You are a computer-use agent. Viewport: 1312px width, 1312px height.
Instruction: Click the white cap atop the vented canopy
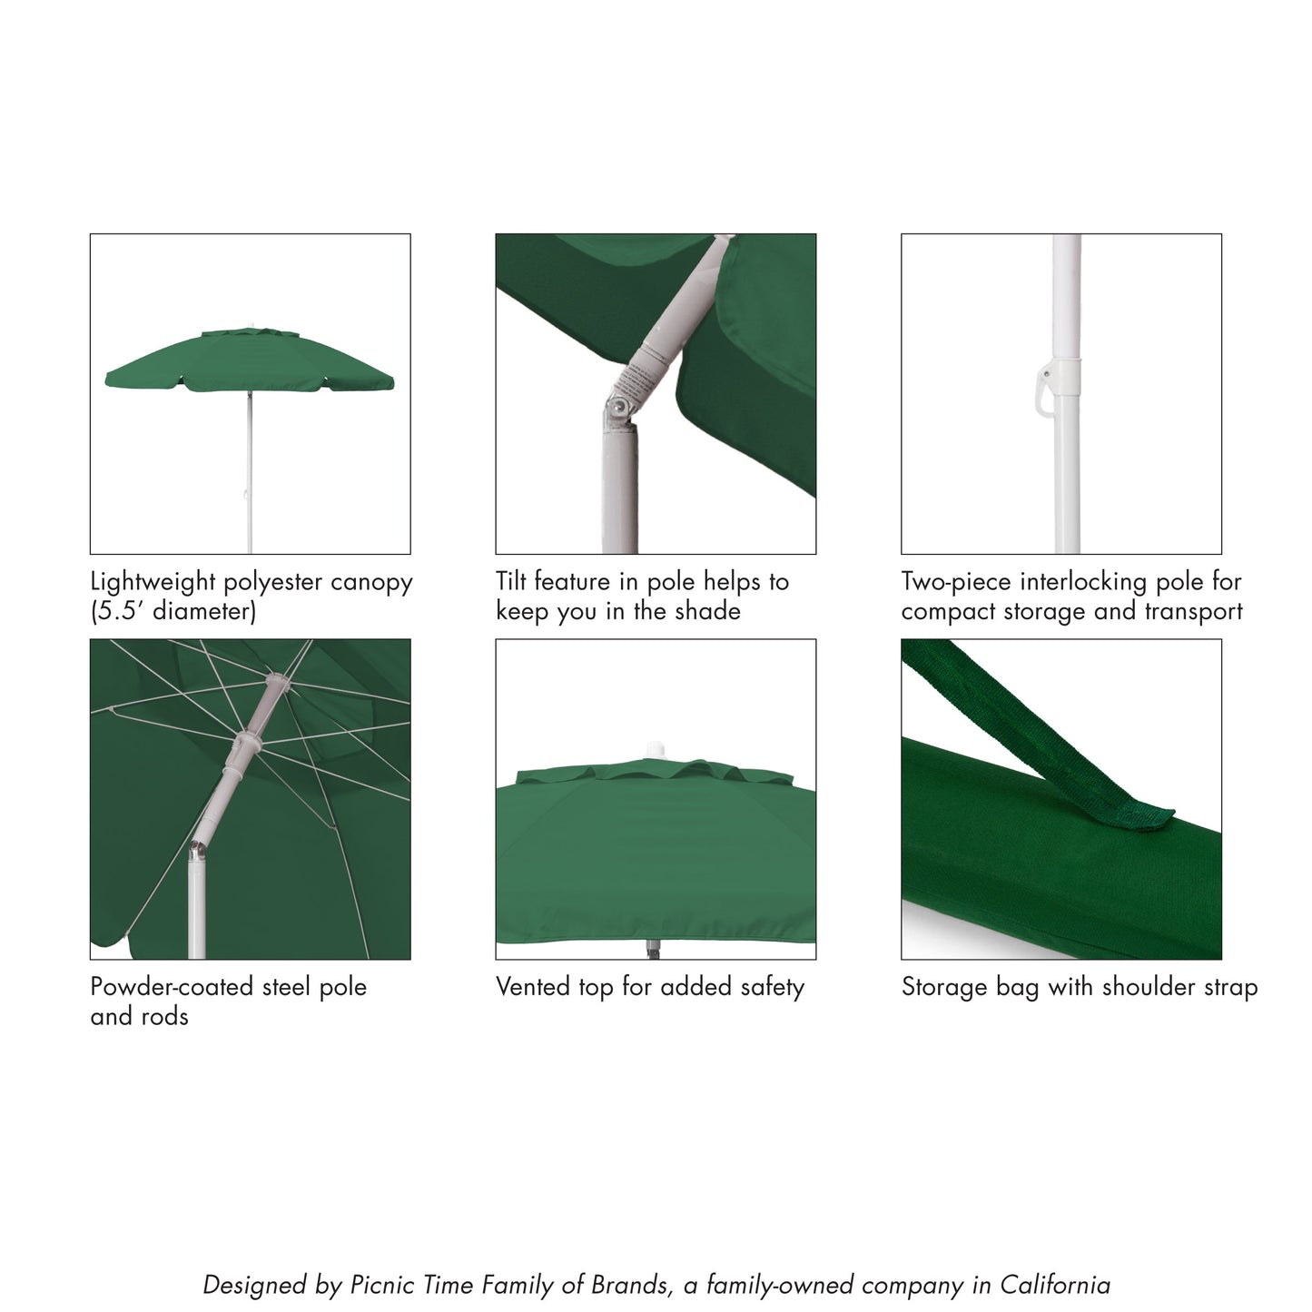655,749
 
